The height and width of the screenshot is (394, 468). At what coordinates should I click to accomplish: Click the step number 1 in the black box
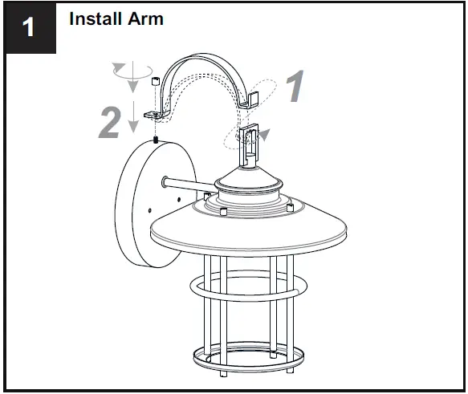[29, 28]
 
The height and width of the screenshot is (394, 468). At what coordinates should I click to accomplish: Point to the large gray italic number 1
[295, 87]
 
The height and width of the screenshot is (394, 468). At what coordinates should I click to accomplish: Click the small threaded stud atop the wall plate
[153, 140]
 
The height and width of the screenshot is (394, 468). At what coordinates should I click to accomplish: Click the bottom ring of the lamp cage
[248, 356]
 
